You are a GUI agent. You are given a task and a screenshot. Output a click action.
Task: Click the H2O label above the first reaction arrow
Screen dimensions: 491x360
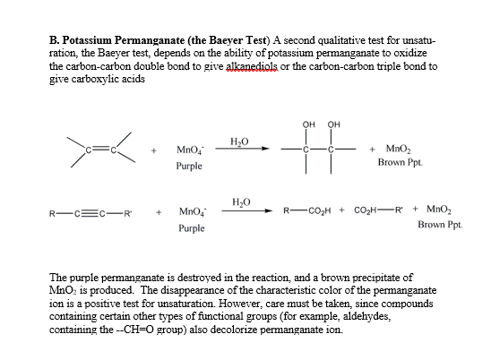(239, 141)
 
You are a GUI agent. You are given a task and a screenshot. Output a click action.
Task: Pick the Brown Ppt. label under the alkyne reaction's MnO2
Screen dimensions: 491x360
(437, 225)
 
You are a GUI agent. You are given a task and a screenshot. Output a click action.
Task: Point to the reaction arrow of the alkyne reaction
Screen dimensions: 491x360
(240, 213)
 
